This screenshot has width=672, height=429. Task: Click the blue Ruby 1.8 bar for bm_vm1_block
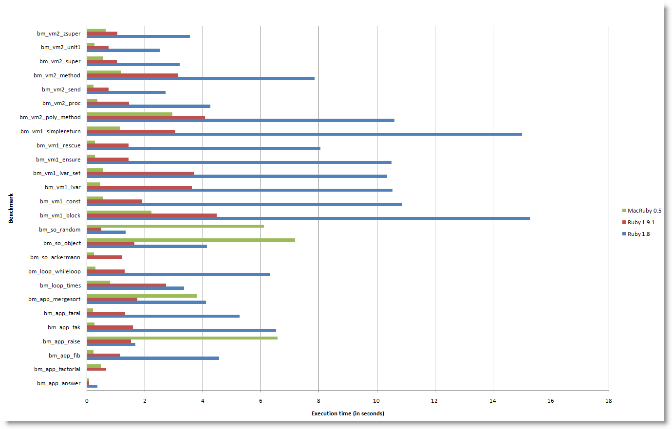(x=308, y=218)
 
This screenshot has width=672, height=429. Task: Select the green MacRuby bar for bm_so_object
(x=191, y=240)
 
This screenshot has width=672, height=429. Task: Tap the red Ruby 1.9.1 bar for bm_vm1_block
(x=151, y=215)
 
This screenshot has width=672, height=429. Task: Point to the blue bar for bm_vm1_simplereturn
(x=304, y=134)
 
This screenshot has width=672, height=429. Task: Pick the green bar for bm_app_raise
(x=182, y=338)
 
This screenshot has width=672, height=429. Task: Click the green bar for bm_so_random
(x=175, y=226)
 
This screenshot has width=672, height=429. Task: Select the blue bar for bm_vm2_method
(x=201, y=78)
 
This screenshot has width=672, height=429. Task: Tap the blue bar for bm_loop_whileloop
(x=178, y=274)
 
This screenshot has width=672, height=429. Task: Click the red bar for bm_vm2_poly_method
(x=146, y=117)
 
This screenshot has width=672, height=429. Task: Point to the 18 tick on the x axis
(x=608, y=401)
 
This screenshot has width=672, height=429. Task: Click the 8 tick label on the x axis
(x=318, y=401)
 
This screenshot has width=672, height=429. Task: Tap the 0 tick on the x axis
(x=87, y=401)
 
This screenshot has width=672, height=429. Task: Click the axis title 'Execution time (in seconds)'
(x=348, y=413)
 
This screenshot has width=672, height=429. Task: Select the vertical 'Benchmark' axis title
(x=11, y=208)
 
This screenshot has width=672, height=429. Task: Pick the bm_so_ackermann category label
(x=55, y=257)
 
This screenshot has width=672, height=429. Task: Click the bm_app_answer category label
(x=58, y=383)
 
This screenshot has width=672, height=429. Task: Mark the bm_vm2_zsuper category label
(x=58, y=34)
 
